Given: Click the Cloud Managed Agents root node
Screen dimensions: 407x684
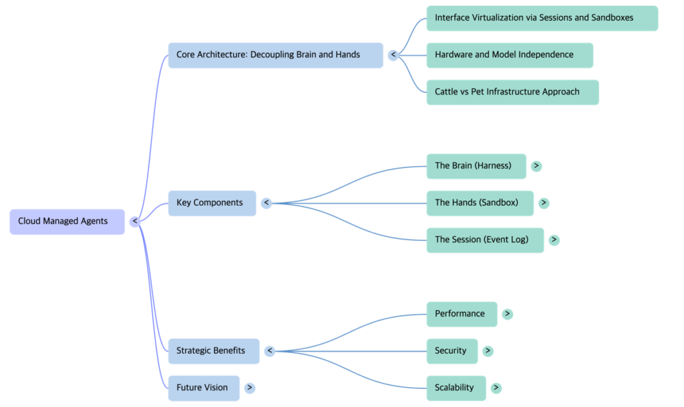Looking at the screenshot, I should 67,222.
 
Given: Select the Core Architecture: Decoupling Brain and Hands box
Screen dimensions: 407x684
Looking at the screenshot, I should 275,55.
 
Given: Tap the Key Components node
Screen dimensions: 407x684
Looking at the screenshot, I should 212,203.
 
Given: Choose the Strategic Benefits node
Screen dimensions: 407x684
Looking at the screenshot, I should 213,351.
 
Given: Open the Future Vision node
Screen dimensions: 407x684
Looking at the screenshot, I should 204,388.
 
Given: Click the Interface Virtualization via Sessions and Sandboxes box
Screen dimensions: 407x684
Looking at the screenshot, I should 542,18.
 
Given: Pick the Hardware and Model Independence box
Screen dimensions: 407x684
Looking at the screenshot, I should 510,55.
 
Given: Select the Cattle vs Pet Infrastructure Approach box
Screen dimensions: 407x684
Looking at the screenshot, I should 512,92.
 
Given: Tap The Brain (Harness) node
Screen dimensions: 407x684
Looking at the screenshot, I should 476,166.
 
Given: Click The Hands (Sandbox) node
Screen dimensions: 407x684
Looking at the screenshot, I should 480,203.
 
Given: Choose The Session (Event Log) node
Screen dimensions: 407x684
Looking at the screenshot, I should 485,240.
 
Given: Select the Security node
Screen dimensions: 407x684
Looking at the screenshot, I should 452,351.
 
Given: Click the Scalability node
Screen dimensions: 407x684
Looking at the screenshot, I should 456,388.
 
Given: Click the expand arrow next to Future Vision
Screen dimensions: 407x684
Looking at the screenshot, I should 250,388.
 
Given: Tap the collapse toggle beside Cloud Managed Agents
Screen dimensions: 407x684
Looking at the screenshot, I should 134,222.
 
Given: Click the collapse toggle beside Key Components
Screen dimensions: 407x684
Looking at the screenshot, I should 266,203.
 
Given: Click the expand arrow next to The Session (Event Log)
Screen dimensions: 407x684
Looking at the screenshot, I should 554,240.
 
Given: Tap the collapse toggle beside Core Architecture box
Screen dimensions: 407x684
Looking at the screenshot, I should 393,55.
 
